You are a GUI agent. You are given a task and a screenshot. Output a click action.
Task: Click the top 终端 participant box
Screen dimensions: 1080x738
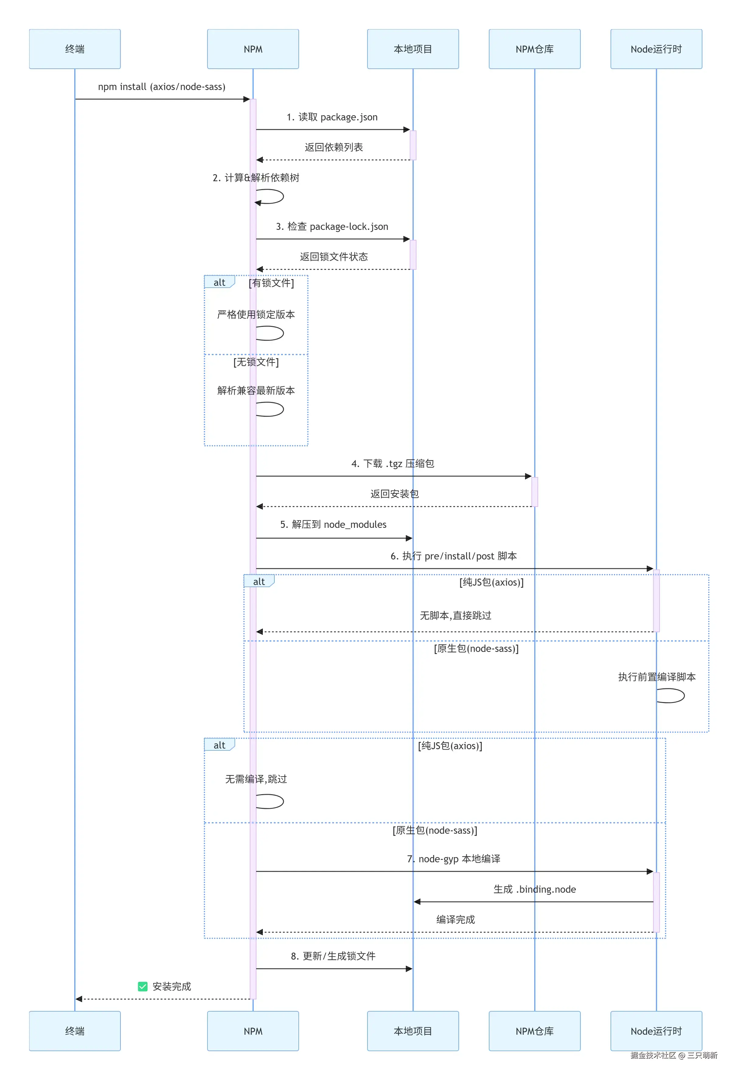point(75,49)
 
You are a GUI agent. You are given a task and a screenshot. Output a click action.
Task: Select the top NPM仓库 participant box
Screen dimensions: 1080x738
point(534,49)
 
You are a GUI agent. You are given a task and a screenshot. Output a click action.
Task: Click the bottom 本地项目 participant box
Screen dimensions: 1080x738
point(413,1031)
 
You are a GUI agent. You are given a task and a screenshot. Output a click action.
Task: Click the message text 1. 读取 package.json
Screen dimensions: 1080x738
point(332,117)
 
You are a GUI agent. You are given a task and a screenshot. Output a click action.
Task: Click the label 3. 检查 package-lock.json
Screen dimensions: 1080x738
point(332,226)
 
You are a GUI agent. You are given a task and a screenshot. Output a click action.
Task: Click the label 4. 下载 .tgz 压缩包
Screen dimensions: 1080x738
point(392,463)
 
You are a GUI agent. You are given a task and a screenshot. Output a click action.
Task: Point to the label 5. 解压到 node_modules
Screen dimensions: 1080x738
point(333,524)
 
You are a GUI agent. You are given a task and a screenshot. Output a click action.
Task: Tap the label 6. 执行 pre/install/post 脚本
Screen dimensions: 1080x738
point(453,556)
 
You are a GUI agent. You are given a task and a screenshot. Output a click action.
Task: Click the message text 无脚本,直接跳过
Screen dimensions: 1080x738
point(455,615)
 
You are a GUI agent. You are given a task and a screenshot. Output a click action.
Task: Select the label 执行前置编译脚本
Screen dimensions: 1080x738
point(656,677)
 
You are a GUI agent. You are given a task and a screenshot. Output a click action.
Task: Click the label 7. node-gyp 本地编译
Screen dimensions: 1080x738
point(453,859)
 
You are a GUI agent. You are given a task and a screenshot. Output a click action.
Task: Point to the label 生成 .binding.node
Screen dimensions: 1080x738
point(534,889)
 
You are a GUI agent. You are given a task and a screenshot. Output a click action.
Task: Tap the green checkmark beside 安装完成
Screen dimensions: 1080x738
point(143,986)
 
